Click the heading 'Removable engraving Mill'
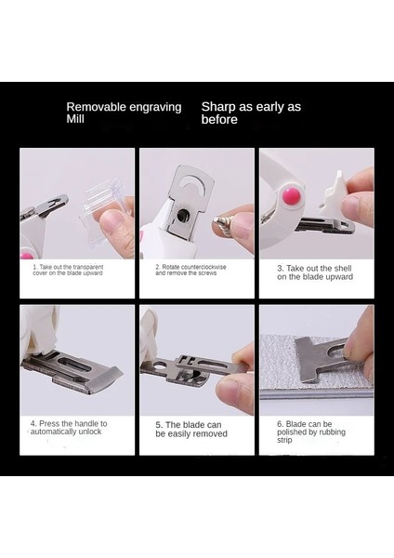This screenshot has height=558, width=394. [124, 113]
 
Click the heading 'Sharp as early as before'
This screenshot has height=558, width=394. [251, 113]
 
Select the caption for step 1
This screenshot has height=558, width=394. [68, 270]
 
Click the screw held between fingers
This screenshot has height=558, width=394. [224, 226]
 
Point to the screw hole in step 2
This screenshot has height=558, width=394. [183, 214]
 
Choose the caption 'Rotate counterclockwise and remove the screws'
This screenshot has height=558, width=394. [190, 270]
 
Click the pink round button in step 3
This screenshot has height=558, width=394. [291, 195]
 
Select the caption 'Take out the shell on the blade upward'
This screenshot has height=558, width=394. [315, 272]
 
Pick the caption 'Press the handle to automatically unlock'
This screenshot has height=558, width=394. [69, 428]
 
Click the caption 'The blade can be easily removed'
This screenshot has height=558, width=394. [191, 429]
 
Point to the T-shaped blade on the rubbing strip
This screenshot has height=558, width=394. [320, 360]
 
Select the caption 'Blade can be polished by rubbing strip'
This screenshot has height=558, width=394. [311, 432]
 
